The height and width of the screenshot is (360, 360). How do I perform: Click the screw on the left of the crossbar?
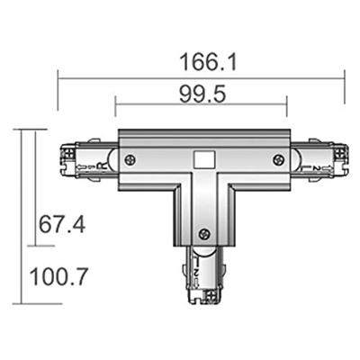coord(131,160)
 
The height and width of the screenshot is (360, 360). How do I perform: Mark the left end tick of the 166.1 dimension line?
coord(58,78)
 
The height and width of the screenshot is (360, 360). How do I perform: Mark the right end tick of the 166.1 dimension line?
coord(346,78)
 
